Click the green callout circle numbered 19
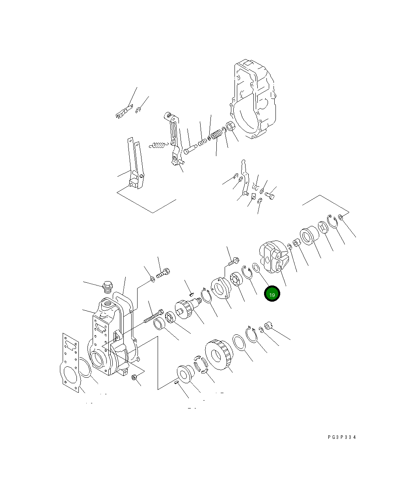272,294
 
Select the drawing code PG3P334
341,437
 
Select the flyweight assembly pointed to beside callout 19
274,258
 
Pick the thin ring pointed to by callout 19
256,269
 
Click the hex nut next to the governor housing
232,127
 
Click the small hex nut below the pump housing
134,377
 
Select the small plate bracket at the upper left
123,113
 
